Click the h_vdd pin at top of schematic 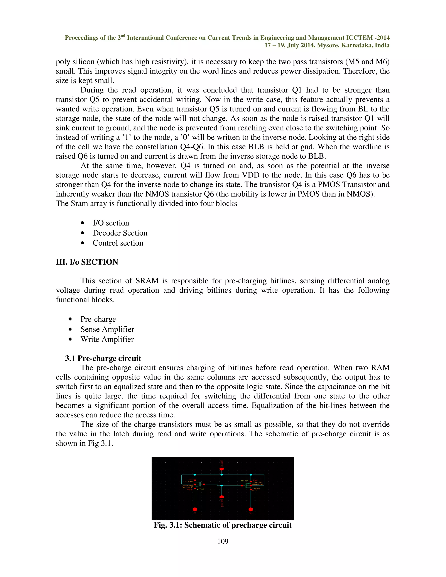[x=222, y=469]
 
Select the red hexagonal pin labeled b [x=195, y=509]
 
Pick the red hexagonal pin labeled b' [x=251, y=509]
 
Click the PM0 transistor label [x=189, y=489]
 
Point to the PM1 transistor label [x=255, y=480]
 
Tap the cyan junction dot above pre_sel [x=222, y=486]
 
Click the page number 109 [x=223, y=541]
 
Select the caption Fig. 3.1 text [x=223, y=525]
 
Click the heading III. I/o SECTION [x=87, y=262]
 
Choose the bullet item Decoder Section [x=120, y=233]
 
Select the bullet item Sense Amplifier [x=107, y=329]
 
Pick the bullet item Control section [x=118, y=243]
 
